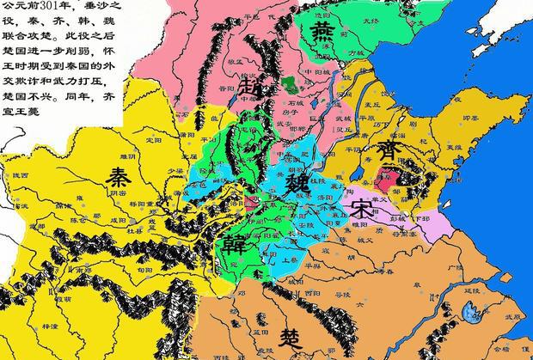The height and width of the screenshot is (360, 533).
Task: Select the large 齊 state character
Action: [392, 155]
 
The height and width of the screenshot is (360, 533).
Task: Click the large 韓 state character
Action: [232, 243]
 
